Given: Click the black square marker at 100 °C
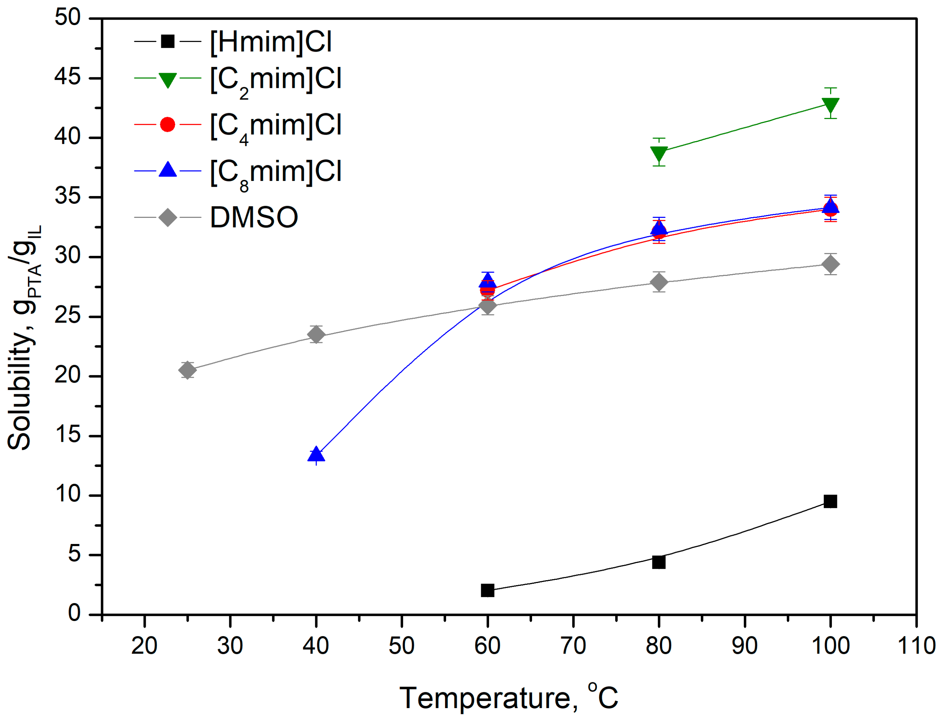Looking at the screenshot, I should point(830,501).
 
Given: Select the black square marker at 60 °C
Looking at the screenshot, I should point(487,591).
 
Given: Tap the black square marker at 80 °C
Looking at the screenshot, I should point(659,562).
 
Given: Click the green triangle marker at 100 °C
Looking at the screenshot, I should point(830,105).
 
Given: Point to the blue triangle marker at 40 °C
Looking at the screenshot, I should point(316,454).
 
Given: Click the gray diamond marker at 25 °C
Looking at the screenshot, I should point(187,369).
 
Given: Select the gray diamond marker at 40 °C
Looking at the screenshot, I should point(316,334).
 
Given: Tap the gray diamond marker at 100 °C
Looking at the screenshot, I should point(830,264).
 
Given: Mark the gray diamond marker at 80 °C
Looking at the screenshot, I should point(659,282).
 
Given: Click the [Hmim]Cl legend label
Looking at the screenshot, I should point(271,42).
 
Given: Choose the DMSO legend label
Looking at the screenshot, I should point(254,217).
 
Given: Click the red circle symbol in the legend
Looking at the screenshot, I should point(167,124).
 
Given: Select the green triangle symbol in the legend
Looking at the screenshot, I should point(167,80).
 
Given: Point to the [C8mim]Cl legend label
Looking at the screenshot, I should point(276,172).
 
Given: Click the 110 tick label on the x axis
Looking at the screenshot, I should point(916,645).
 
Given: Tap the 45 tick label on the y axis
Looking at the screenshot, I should point(67,78).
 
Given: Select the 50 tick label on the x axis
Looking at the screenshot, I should point(402,645).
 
